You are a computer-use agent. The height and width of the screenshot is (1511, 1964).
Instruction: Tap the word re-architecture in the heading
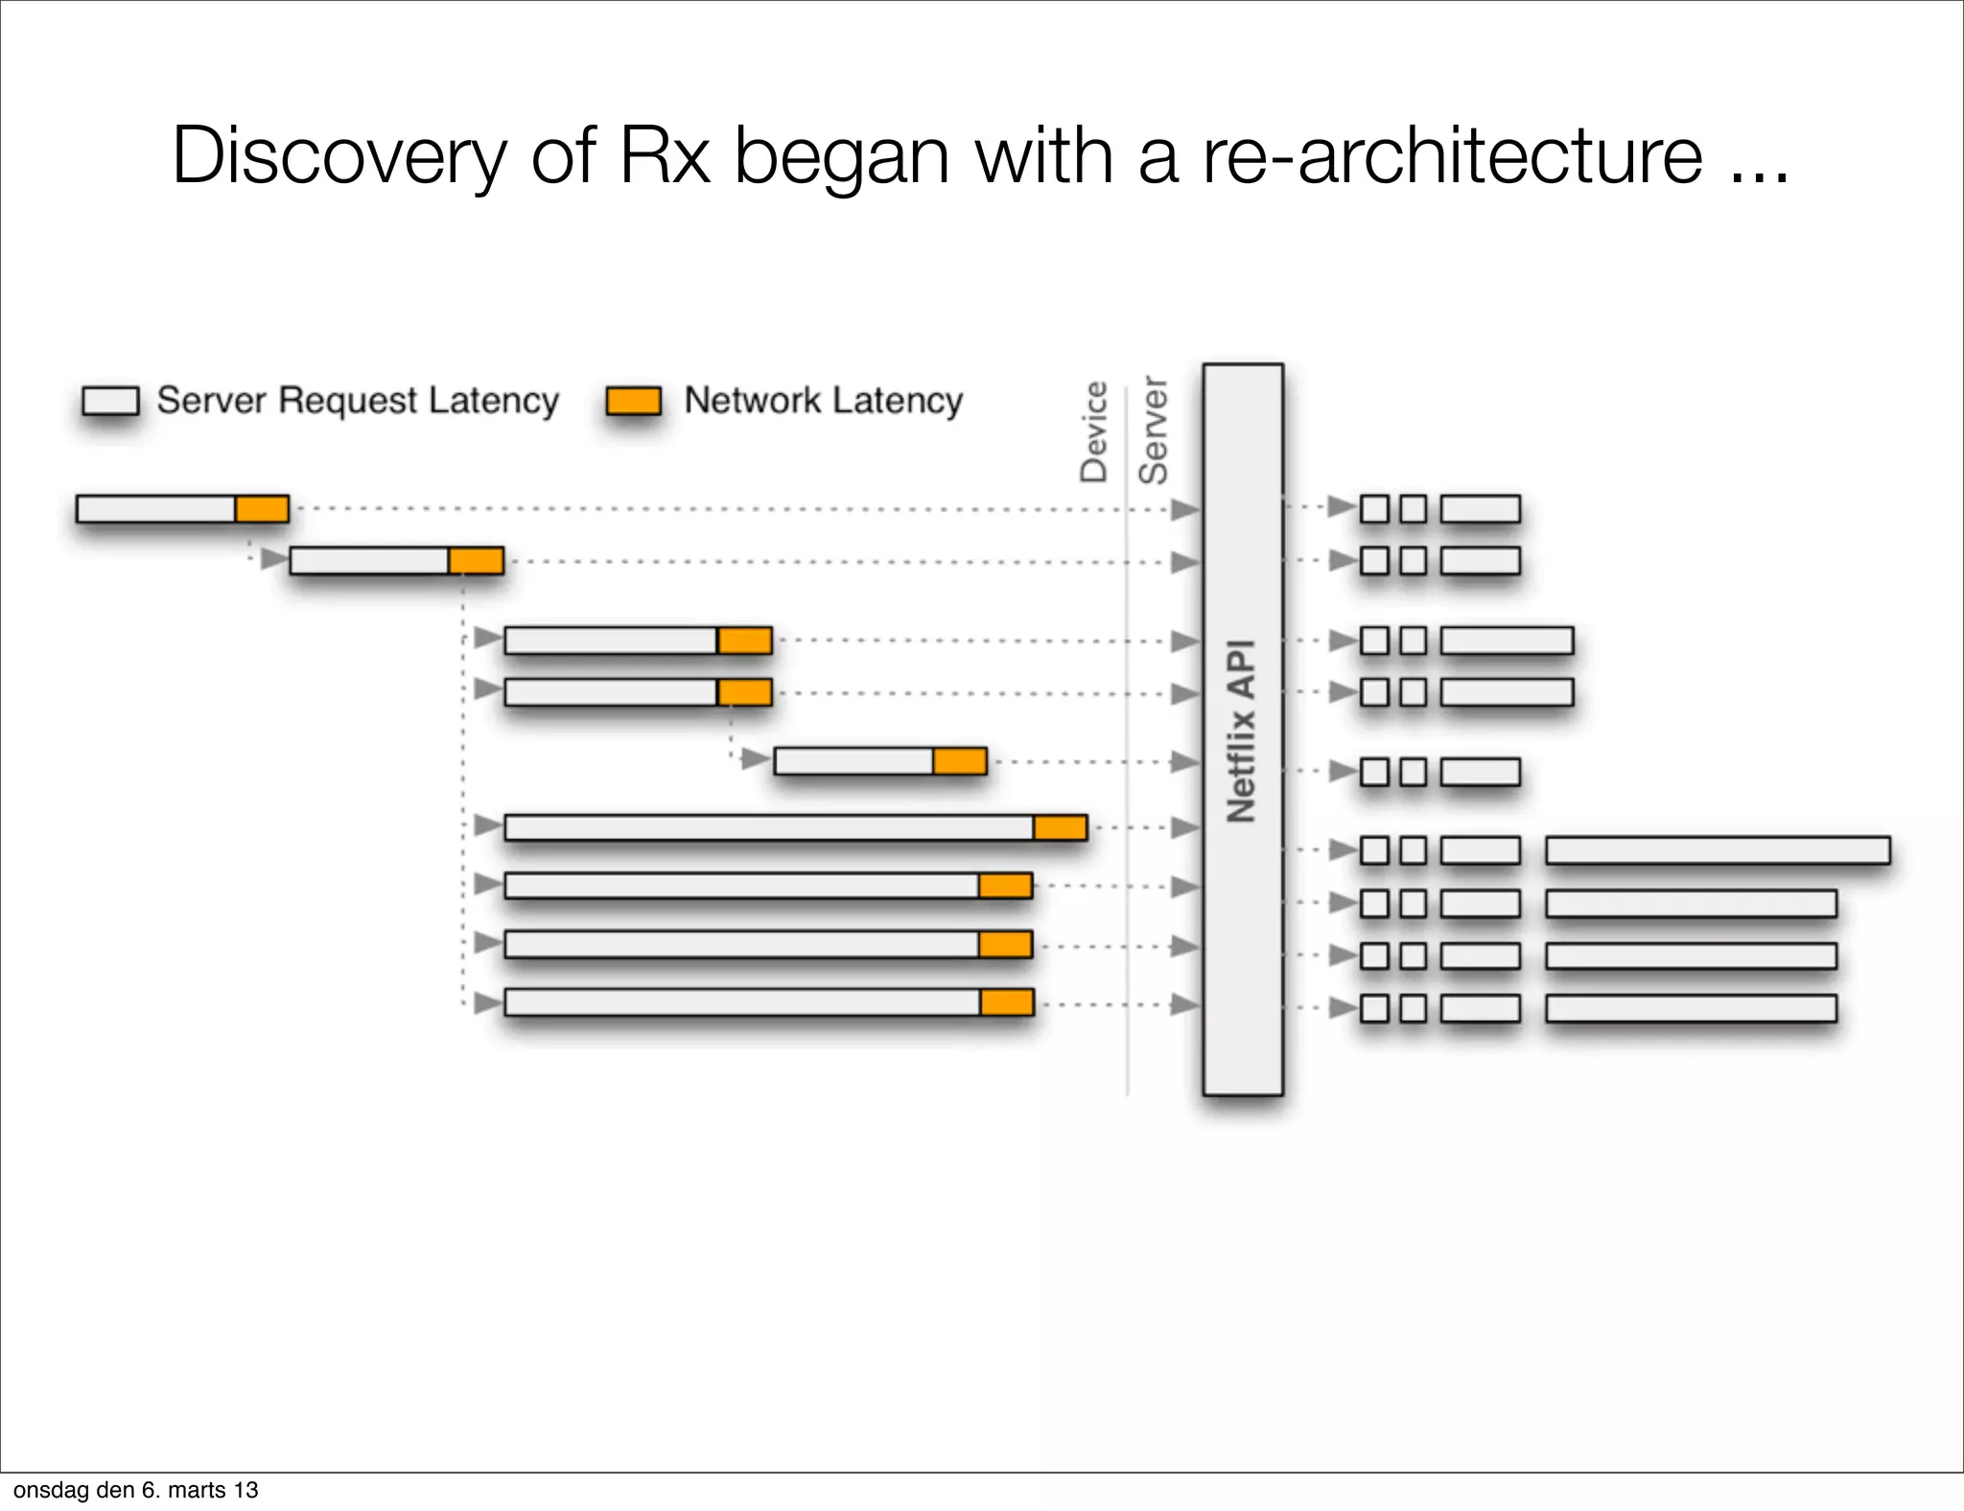tap(1452, 156)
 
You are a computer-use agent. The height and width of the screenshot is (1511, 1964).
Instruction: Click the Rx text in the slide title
tap(665, 156)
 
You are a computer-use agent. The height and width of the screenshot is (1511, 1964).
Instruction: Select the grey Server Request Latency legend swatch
tap(110, 401)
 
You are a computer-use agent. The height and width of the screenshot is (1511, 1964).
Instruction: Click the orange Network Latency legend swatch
tap(634, 401)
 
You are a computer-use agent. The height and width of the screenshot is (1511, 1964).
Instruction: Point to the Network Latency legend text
tap(823, 401)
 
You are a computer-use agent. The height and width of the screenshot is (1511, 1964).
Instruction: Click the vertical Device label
tap(1094, 431)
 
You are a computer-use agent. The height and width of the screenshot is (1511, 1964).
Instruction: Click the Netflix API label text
tap(1242, 731)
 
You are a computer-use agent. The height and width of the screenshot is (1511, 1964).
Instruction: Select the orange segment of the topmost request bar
tap(262, 509)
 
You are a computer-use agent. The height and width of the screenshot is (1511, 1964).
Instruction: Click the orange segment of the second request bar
tap(476, 561)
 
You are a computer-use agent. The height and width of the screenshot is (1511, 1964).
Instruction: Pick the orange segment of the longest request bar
tap(1060, 827)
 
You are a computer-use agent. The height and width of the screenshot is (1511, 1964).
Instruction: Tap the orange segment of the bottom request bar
tap(1006, 1003)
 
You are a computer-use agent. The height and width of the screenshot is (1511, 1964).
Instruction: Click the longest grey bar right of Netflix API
tap(1718, 850)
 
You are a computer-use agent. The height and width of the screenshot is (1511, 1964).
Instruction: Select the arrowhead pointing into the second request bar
tap(275, 559)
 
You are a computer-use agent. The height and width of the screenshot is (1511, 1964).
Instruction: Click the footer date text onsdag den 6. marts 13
tap(135, 1490)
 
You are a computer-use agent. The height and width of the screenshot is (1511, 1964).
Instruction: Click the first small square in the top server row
tap(1374, 509)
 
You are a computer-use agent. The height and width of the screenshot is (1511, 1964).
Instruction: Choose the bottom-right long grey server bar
tap(1691, 1009)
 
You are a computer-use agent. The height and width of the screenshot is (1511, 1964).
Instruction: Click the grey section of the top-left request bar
tap(156, 509)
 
